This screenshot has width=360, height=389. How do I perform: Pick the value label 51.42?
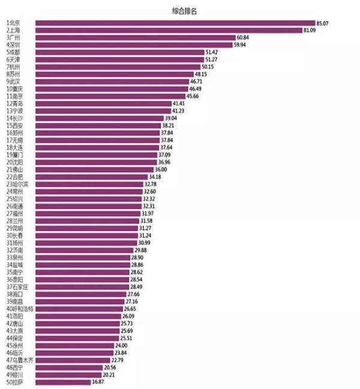[213, 52]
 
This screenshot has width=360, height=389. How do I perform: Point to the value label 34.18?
[155, 177]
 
